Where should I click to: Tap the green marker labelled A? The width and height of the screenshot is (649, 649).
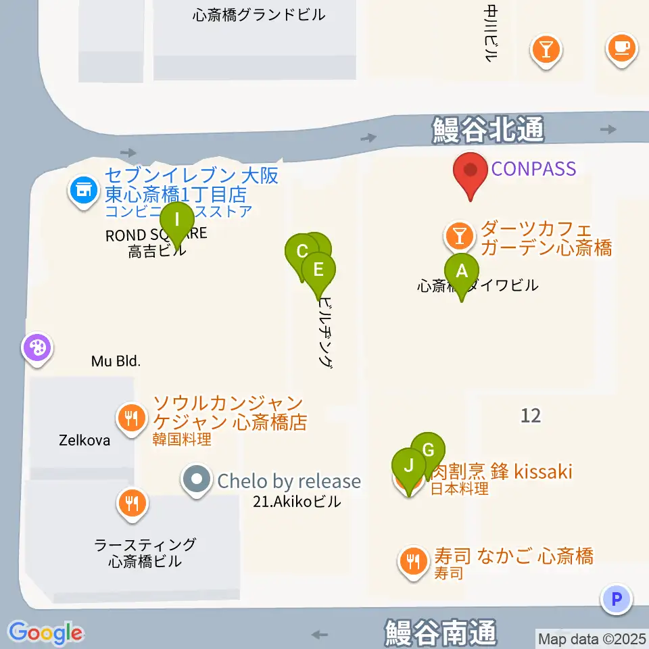coord(462,272)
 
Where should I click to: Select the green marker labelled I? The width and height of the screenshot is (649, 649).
coord(177,220)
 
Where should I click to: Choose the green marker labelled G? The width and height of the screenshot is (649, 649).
coord(428,450)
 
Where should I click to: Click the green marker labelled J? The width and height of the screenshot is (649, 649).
coord(408,466)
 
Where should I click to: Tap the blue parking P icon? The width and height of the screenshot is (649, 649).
coord(616,598)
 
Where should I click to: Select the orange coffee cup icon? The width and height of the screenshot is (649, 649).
coord(621,48)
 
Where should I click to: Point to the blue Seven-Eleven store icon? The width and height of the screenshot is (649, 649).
coord(83,190)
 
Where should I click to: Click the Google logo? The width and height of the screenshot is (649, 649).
coord(46,633)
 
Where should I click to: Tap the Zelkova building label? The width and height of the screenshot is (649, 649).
coord(84,440)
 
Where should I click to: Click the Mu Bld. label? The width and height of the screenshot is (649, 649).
coord(116,362)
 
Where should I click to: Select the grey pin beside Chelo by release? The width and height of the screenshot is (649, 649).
coord(197,481)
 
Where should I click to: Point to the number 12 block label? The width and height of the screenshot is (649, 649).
coord(531,415)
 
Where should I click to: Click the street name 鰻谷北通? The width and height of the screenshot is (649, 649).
coord(488,130)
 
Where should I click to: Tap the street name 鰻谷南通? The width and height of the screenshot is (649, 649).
coord(441,633)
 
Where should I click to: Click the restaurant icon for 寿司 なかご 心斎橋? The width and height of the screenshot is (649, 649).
coord(412,560)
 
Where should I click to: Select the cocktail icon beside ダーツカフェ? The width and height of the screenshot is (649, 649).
coord(460,236)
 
